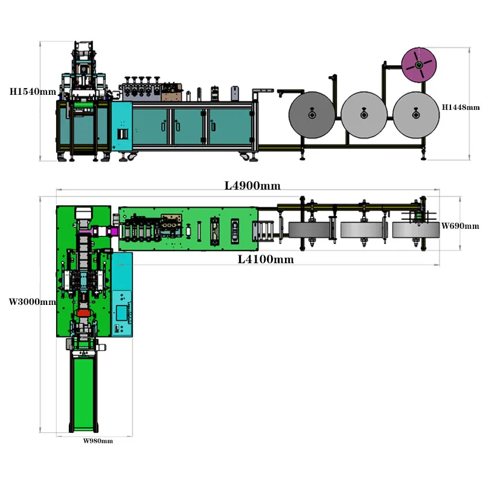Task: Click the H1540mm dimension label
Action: point(33,92)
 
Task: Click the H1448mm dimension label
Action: point(461,107)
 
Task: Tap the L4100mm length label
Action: point(266,260)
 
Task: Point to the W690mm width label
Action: point(460,226)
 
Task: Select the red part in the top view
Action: point(85,315)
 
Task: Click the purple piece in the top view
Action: point(95,230)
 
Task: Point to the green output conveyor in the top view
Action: point(84,392)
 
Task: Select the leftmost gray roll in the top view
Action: point(310,230)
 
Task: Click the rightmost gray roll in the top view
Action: point(412,230)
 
